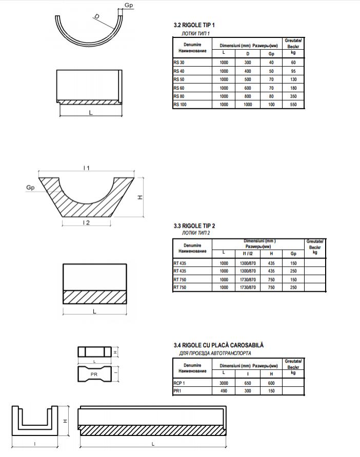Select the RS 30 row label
coord(179,63)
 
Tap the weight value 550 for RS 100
coord(293,105)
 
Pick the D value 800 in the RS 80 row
coord(248,96)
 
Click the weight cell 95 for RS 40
coord(293,71)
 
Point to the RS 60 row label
coord(179,88)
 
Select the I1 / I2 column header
coord(248,253)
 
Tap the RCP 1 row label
coord(179,383)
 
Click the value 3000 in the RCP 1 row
coord(224,383)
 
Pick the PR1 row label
coord(178,391)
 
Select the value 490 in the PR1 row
coord(224,391)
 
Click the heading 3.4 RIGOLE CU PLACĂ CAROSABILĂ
coord(219,346)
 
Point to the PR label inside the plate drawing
coord(94,375)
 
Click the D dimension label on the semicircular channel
coord(96,17)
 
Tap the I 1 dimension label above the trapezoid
coord(87,168)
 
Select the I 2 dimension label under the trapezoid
coord(87,223)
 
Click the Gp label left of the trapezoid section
coord(30,188)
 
